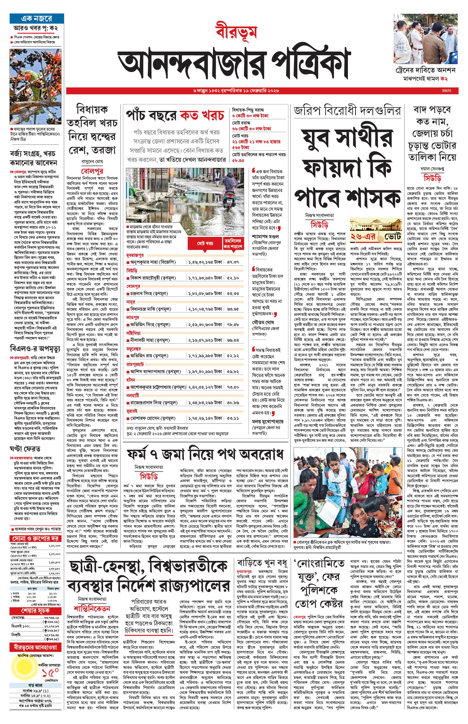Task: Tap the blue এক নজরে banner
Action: [x=37, y=18]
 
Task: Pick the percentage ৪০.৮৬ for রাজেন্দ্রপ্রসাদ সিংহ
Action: [x=233, y=403]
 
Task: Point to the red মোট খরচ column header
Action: [x=205, y=243]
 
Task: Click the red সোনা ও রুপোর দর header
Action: [x=35, y=538]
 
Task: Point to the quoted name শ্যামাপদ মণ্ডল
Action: [x=265, y=237]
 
